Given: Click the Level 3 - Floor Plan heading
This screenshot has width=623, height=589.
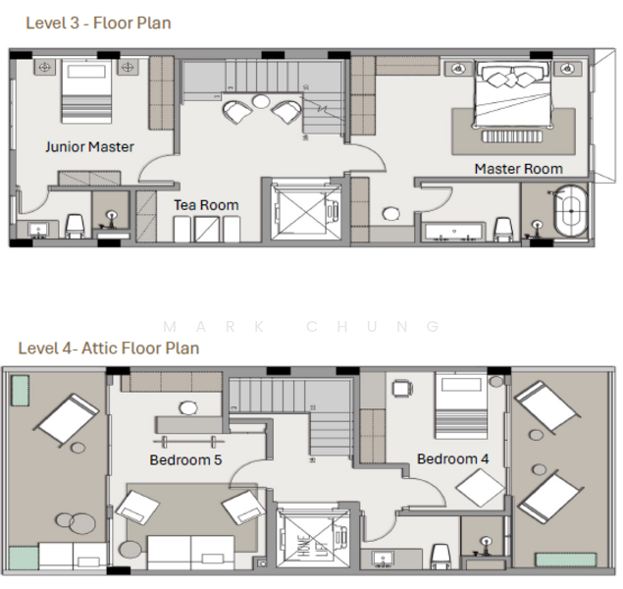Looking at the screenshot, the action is click(98, 23).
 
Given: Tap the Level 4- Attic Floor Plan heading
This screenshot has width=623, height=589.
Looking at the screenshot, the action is click(109, 348).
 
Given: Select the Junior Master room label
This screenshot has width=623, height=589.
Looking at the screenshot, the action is click(90, 147).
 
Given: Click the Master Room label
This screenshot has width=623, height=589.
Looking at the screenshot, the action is click(519, 169).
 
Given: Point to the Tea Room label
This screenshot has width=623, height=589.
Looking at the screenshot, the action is click(207, 205).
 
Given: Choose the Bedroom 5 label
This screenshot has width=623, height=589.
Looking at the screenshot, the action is click(185, 459).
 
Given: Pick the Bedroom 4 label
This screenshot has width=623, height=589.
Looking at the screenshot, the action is click(453, 459).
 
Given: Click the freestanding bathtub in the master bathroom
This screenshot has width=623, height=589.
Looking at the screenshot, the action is click(571, 211).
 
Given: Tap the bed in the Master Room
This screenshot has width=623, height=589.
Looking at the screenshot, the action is click(512, 95).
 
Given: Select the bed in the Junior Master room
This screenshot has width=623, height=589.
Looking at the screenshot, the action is click(86, 91).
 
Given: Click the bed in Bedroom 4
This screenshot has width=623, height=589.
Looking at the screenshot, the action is click(461, 405).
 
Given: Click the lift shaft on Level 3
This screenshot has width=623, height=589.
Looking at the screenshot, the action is click(305, 210).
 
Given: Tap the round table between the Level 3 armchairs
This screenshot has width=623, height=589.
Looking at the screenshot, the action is click(261, 101).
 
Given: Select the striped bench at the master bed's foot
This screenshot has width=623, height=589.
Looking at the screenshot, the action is click(512, 136).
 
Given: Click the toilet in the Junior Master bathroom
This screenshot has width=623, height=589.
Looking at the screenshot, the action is click(75, 226).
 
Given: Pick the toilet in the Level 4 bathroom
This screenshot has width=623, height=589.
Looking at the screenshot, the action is click(441, 556).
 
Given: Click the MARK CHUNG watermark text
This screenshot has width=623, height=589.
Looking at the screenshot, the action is click(301, 327).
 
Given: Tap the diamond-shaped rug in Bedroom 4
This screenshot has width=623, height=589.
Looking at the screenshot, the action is click(481, 488).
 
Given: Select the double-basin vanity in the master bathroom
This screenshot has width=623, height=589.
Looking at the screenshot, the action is click(454, 232).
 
